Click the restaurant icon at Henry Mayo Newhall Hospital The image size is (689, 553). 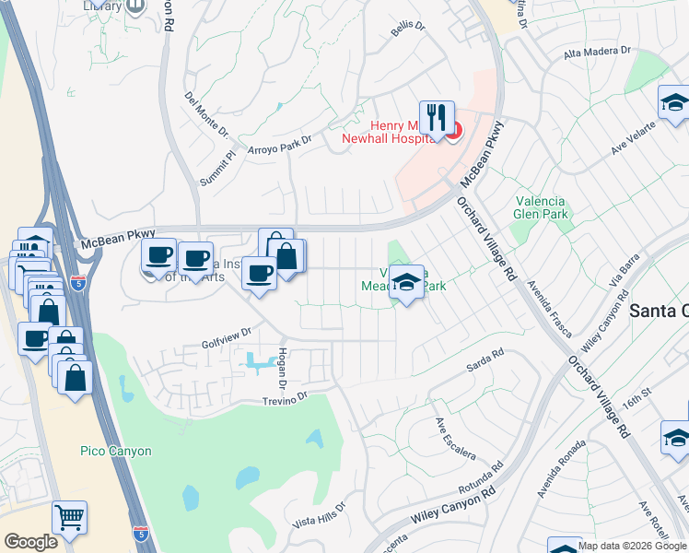pyautogui.click(x=437, y=118)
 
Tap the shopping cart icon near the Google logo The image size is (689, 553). pyautogui.click(x=69, y=519)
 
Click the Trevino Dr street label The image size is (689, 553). pyautogui.click(x=284, y=400)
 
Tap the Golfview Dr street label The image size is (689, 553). pyautogui.click(x=227, y=338)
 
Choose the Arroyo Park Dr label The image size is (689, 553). pyautogui.click(x=280, y=144)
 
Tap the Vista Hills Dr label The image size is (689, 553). pyautogui.click(x=318, y=514)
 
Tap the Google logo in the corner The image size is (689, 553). pyautogui.click(x=31, y=542)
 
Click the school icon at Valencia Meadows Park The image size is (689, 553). pyautogui.click(x=405, y=283)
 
